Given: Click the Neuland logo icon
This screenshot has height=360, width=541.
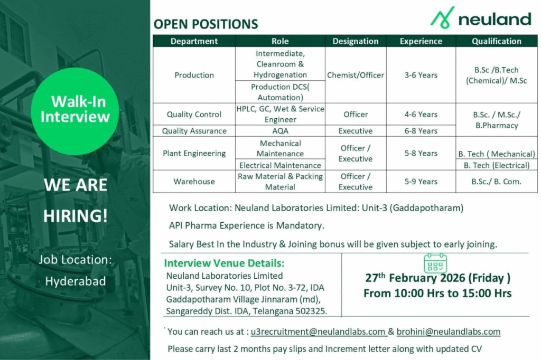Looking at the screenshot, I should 442,17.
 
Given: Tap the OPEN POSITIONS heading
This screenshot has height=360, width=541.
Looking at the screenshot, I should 206,24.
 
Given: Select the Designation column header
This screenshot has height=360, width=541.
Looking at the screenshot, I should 356,41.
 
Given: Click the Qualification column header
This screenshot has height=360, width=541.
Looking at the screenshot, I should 496,41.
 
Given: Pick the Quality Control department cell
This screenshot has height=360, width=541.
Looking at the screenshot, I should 194,114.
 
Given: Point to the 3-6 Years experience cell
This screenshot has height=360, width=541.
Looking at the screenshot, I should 421,75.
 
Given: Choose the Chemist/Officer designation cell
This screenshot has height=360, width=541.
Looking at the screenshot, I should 356,75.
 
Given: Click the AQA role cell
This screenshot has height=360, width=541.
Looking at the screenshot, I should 280,131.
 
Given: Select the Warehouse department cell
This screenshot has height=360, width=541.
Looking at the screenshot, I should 194,181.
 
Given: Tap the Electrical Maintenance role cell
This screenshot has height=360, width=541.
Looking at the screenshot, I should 280,165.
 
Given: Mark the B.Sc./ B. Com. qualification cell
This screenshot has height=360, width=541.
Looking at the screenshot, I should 496,181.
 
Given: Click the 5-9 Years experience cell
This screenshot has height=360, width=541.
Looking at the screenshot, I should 421,181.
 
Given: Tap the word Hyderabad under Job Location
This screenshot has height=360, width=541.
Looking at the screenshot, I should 75,281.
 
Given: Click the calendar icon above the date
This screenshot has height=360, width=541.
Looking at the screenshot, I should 435,263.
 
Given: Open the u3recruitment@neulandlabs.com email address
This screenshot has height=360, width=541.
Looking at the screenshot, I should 318,331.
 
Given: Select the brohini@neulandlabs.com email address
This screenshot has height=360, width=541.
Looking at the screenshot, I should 448,331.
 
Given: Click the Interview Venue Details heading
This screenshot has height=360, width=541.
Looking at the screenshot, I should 225,263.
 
